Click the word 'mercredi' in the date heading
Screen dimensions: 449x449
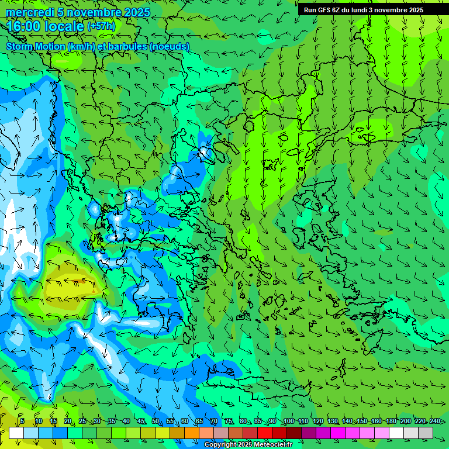pos(28,12)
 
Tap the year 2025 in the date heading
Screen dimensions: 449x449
pos(136,12)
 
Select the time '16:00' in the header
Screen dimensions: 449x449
pos(25,26)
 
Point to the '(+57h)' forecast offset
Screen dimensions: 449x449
pos(101,26)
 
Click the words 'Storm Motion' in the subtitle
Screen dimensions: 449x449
pos(36,46)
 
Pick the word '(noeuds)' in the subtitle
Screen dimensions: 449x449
pos(170,46)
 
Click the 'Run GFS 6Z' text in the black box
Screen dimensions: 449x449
pos(322,10)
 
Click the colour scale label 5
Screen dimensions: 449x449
pos(22,422)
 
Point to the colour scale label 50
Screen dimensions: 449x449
pos(156,422)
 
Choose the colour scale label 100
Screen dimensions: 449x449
pos(288,422)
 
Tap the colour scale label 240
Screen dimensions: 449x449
pos(434,422)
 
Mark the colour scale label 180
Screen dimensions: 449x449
pos(391,422)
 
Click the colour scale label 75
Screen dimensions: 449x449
pos(229,422)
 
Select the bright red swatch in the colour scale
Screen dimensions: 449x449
pos(265,433)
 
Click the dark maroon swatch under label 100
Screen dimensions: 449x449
pos(294,433)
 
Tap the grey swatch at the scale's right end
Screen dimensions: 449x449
pos(426,433)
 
